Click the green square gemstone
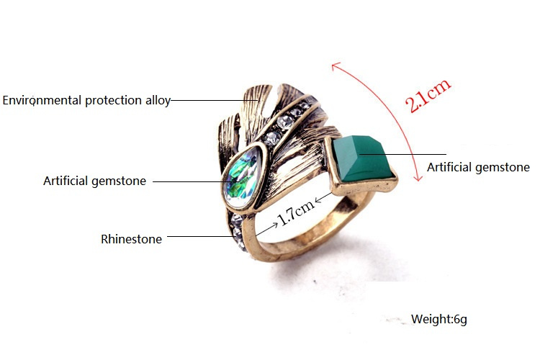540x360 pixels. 361,158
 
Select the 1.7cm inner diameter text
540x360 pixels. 296,212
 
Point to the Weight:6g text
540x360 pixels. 438,319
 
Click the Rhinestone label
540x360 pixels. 131,239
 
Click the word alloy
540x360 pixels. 158,101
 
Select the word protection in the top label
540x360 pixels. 113,101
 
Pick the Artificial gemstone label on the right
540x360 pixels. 478,167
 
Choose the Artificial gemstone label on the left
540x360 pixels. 95,181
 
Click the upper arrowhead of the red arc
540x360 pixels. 335,65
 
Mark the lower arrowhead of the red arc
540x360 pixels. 418,178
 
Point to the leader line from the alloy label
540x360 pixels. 215,100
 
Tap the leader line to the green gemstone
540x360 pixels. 403,154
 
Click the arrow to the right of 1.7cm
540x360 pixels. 323,198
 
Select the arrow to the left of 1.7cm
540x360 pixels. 266,230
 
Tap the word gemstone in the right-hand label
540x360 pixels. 503,168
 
